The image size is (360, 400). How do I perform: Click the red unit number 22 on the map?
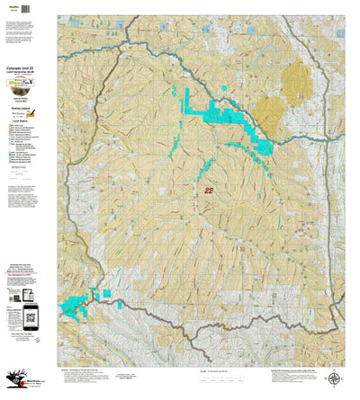(x=210, y=191)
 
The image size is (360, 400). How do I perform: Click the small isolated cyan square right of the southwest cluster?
(x=106, y=293)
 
